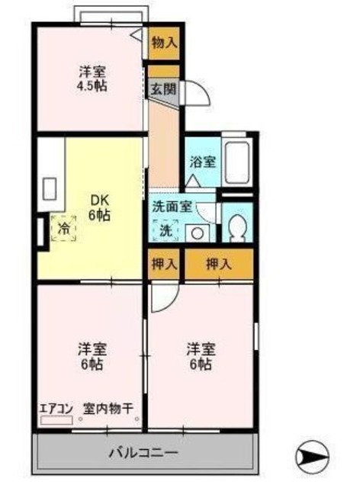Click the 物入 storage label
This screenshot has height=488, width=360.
click(x=164, y=43)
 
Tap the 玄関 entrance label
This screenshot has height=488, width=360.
click(x=164, y=89)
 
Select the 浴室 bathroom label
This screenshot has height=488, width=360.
click(x=202, y=162)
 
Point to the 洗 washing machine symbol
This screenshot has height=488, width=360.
click(x=166, y=230)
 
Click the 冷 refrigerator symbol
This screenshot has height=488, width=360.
click(x=65, y=227)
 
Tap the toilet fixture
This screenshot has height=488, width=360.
click(x=236, y=226)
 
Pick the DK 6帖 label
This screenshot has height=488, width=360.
click(x=100, y=208)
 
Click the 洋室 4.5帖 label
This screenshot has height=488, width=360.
click(x=92, y=79)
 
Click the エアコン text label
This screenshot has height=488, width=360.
click(x=56, y=408)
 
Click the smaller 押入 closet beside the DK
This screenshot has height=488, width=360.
click(x=163, y=264)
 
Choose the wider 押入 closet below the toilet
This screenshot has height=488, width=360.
click(x=219, y=264)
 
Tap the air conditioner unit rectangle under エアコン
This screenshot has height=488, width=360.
click(x=56, y=420)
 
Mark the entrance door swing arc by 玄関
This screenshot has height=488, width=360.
click(x=195, y=97)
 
